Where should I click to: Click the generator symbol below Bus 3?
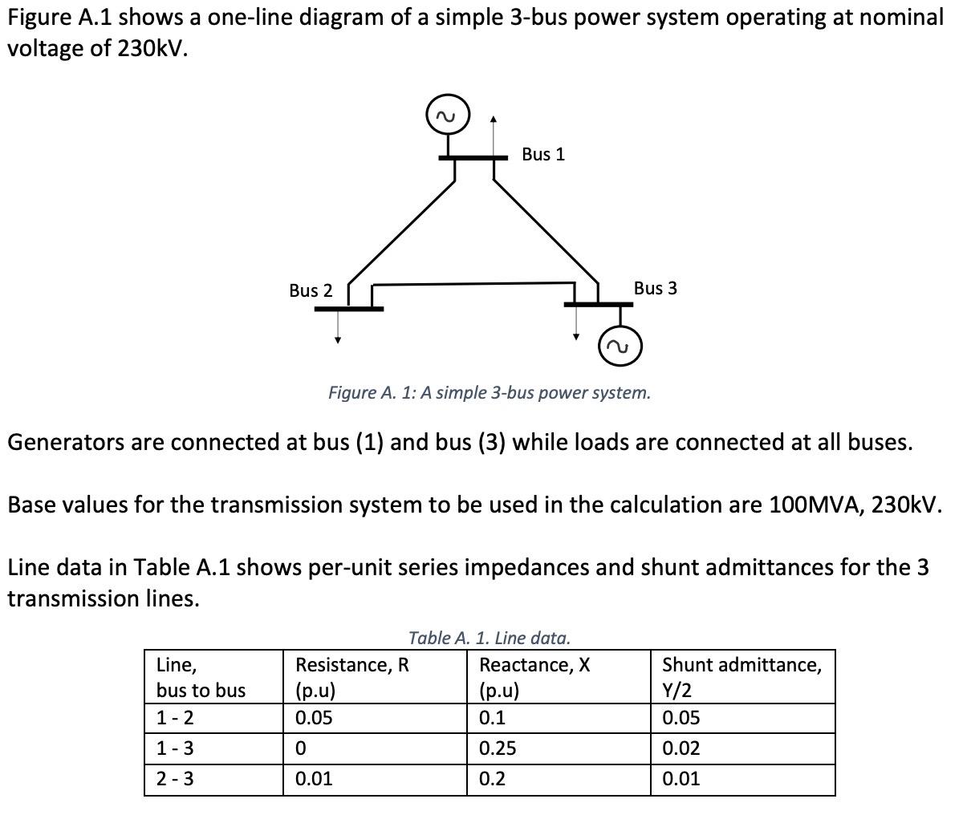(620, 346)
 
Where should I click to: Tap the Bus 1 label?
(543, 154)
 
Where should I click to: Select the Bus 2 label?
(311, 290)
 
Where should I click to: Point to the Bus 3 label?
(655, 288)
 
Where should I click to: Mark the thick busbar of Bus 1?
(473, 158)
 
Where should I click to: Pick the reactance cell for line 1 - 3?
(498, 748)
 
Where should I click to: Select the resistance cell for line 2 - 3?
(313, 779)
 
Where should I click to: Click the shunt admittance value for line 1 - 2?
(681, 718)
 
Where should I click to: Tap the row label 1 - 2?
(174, 718)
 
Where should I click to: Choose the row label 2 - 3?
(174, 779)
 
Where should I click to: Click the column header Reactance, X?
(534, 665)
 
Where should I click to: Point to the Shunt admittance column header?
(741, 665)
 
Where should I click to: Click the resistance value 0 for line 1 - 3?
(301, 748)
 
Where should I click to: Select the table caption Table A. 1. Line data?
(490, 639)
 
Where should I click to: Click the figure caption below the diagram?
(490, 393)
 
